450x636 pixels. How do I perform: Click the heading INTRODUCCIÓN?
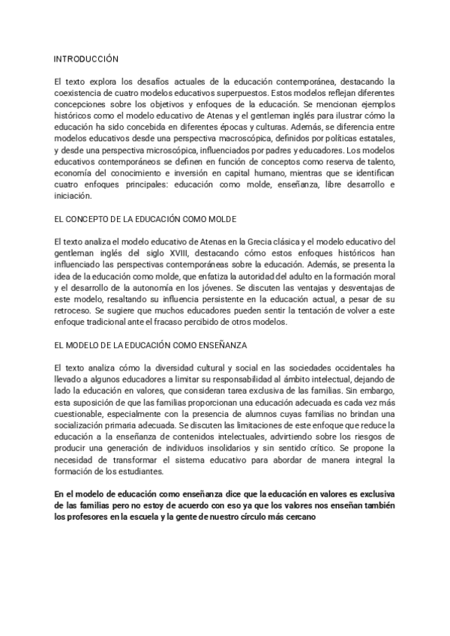coord(86,58)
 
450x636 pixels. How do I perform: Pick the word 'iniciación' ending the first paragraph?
coord(73,196)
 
